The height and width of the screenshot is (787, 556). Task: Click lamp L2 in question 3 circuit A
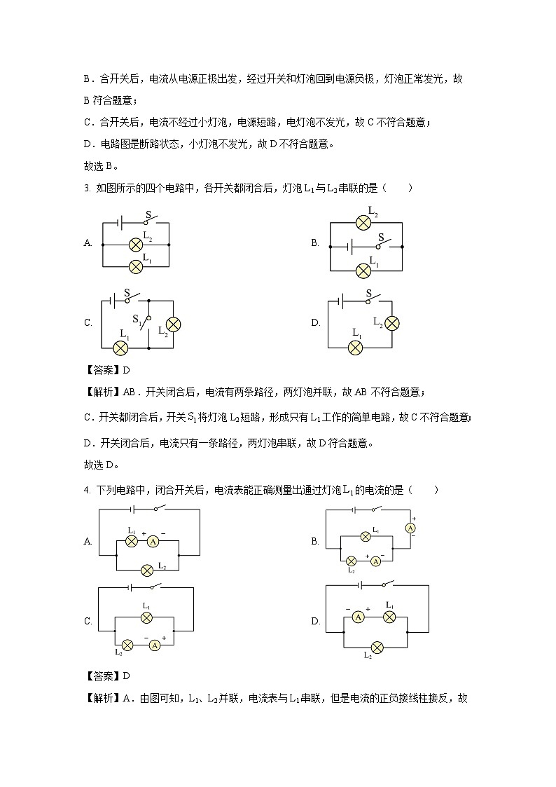[136, 245]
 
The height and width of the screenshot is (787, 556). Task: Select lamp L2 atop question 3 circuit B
[363, 223]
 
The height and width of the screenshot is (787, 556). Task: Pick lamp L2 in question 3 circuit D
[393, 322]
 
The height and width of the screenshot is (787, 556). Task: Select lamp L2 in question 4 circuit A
[147, 570]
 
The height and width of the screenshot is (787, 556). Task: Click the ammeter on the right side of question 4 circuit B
[412, 528]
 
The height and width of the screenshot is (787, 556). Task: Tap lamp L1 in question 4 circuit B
[365, 537]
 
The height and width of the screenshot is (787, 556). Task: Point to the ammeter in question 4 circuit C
[156, 645]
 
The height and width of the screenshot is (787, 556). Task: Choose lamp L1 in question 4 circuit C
[146, 617]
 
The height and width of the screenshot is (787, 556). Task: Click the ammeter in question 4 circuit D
[358, 617]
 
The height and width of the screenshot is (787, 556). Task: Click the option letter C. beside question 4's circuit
[88, 621]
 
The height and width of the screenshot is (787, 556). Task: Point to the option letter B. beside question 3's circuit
[315, 243]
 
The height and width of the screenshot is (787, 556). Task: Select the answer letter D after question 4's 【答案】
[127, 676]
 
